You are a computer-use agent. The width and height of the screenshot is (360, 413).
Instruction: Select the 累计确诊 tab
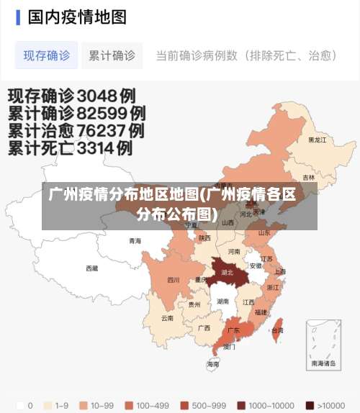pos(112,55)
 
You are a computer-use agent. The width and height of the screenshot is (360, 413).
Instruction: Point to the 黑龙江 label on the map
pos(317,140)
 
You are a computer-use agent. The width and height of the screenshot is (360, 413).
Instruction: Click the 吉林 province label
pos(308,178)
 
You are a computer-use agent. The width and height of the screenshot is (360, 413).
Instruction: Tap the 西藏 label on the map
pos(91,268)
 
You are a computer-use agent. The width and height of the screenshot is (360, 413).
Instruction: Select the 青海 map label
pos(135,241)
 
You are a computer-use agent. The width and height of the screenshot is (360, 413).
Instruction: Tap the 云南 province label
pos(167,318)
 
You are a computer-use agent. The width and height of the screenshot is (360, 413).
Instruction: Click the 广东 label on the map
pos(233,330)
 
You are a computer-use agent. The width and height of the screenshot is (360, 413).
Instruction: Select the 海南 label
pos(213,364)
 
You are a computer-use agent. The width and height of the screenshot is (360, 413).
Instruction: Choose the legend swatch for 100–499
pos(129,405)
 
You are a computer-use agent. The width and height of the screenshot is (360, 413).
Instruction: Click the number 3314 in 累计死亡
pos(104,149)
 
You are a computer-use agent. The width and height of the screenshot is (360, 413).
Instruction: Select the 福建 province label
pos(261,312)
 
